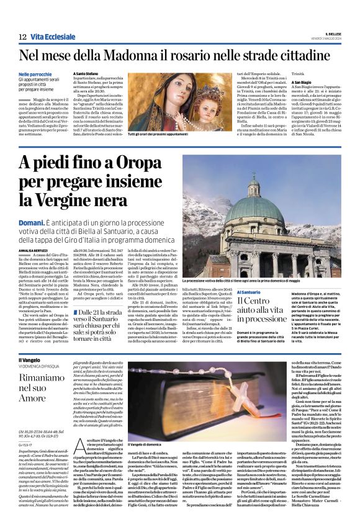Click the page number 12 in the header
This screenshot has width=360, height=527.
22,37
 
